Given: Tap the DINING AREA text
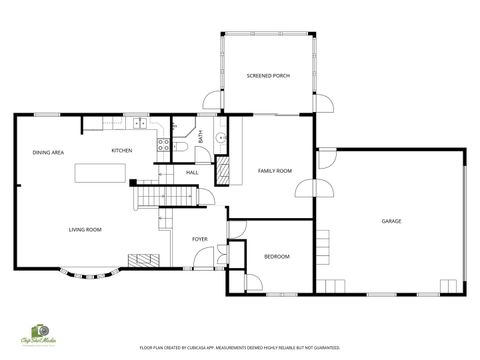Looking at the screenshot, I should [x=48, y=152].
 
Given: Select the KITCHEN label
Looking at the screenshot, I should [x=122, y=150].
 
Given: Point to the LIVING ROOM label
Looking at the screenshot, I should [x=85, y=230].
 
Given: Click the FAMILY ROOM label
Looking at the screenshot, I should [x=274, y=171].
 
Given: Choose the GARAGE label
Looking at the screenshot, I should [x=391, y=221].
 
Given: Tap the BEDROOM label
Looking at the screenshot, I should [x=276, y=257].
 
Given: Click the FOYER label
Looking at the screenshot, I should [x=200, y=239].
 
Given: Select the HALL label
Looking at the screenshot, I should [x=192, y=172].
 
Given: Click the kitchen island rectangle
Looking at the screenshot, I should [x=100, y=174].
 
